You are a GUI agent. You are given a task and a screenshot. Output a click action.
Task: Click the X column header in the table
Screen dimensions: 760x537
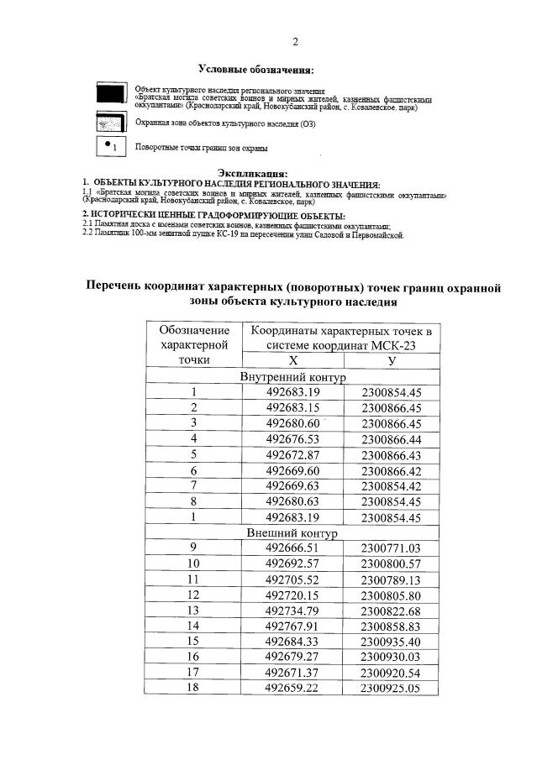293,359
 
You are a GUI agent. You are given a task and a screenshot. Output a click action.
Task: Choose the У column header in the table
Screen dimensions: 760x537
391,359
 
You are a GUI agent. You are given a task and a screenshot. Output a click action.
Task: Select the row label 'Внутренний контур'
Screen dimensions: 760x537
293,376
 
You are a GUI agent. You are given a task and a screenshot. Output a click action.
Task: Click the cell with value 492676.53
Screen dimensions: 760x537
293,439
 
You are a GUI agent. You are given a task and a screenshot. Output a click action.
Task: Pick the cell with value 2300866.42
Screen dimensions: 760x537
391,471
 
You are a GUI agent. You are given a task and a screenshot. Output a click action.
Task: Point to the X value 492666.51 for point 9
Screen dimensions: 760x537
293,548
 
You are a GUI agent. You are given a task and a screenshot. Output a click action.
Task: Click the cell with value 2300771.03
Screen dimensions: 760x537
391,548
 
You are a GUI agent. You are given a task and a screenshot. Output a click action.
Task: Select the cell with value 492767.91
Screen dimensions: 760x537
293,626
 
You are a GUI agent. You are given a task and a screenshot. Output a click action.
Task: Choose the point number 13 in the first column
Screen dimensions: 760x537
193,611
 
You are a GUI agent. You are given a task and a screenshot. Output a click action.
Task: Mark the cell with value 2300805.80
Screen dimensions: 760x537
391,595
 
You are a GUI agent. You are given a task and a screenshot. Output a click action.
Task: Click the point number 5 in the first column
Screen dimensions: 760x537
193,454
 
